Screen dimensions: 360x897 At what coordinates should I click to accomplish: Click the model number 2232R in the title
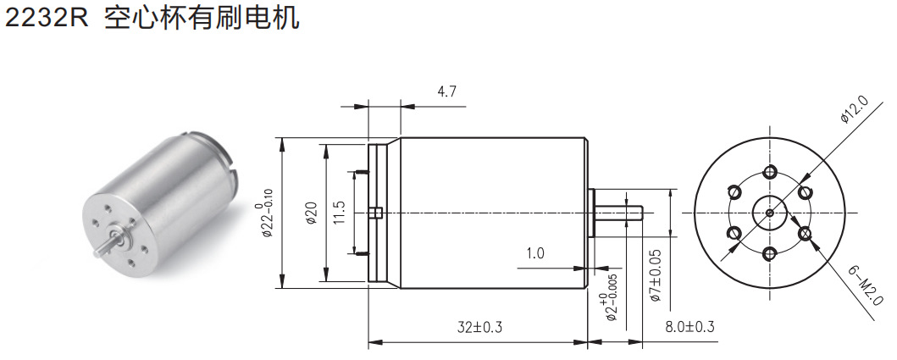47,19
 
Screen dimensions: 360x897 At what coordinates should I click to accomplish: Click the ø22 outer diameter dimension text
263,213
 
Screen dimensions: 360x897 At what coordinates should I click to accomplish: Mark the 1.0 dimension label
534,253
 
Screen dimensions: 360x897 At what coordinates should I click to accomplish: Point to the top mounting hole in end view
769,172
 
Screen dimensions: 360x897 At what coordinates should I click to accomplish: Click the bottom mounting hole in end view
769,252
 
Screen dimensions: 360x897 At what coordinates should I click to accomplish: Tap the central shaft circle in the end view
769,213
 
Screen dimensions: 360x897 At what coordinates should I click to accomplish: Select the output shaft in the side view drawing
617,212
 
